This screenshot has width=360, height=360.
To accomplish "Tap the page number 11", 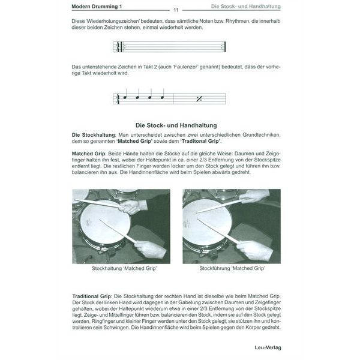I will coord(176,10).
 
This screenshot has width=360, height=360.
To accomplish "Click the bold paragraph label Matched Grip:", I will coord(90,154).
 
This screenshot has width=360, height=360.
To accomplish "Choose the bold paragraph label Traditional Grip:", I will coord(92,296).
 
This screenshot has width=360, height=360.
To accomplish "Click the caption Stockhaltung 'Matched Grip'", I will coord(124,269).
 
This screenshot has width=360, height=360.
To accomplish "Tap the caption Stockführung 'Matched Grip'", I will coord(231,269).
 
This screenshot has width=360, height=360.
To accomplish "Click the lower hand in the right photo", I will coord(255,248).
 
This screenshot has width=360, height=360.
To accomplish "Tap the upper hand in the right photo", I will coord(255,196).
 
